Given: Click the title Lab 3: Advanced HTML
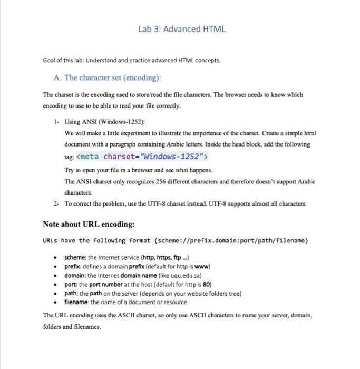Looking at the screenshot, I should (x=182, y=28).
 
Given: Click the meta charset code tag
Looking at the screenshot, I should (x=142, y=157).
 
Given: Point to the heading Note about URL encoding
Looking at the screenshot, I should (x=89, y=224).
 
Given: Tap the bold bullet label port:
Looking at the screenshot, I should (x=71, y=284).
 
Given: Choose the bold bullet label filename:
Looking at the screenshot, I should (x=77, y=302).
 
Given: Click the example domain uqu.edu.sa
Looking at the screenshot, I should (x=186, y=275).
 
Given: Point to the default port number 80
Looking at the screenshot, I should (x=206, y=284).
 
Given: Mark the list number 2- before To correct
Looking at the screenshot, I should (x=56, y=203).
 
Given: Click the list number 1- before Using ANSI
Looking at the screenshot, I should (x=56, y=121).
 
